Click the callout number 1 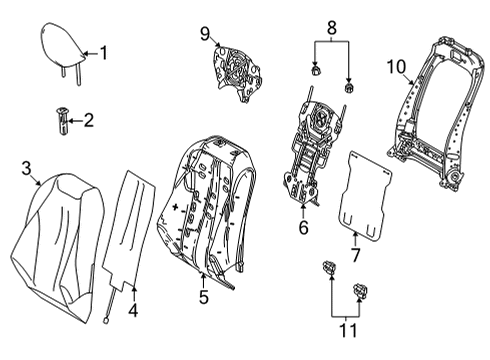coord(104,53)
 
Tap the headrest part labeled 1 coord(64,50)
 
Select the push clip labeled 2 coord(62,121)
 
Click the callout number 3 coord(26,168)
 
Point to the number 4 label coord(133,311)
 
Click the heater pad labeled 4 coord(129,230)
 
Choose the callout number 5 coord(204,296)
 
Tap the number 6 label coord(303,227)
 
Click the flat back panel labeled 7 coord(365,196)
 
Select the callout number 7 coord(356,255)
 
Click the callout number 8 coord(331,28)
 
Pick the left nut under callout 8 coord(315,70)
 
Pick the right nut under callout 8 coord(349,88)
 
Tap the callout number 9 coord(205,34)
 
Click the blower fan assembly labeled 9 coord(236,73)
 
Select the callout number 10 coord(396,67)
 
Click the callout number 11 coord(348,331)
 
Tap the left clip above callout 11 coord(329,267)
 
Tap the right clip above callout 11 coord(360,291)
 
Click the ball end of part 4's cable coord(106,321)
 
